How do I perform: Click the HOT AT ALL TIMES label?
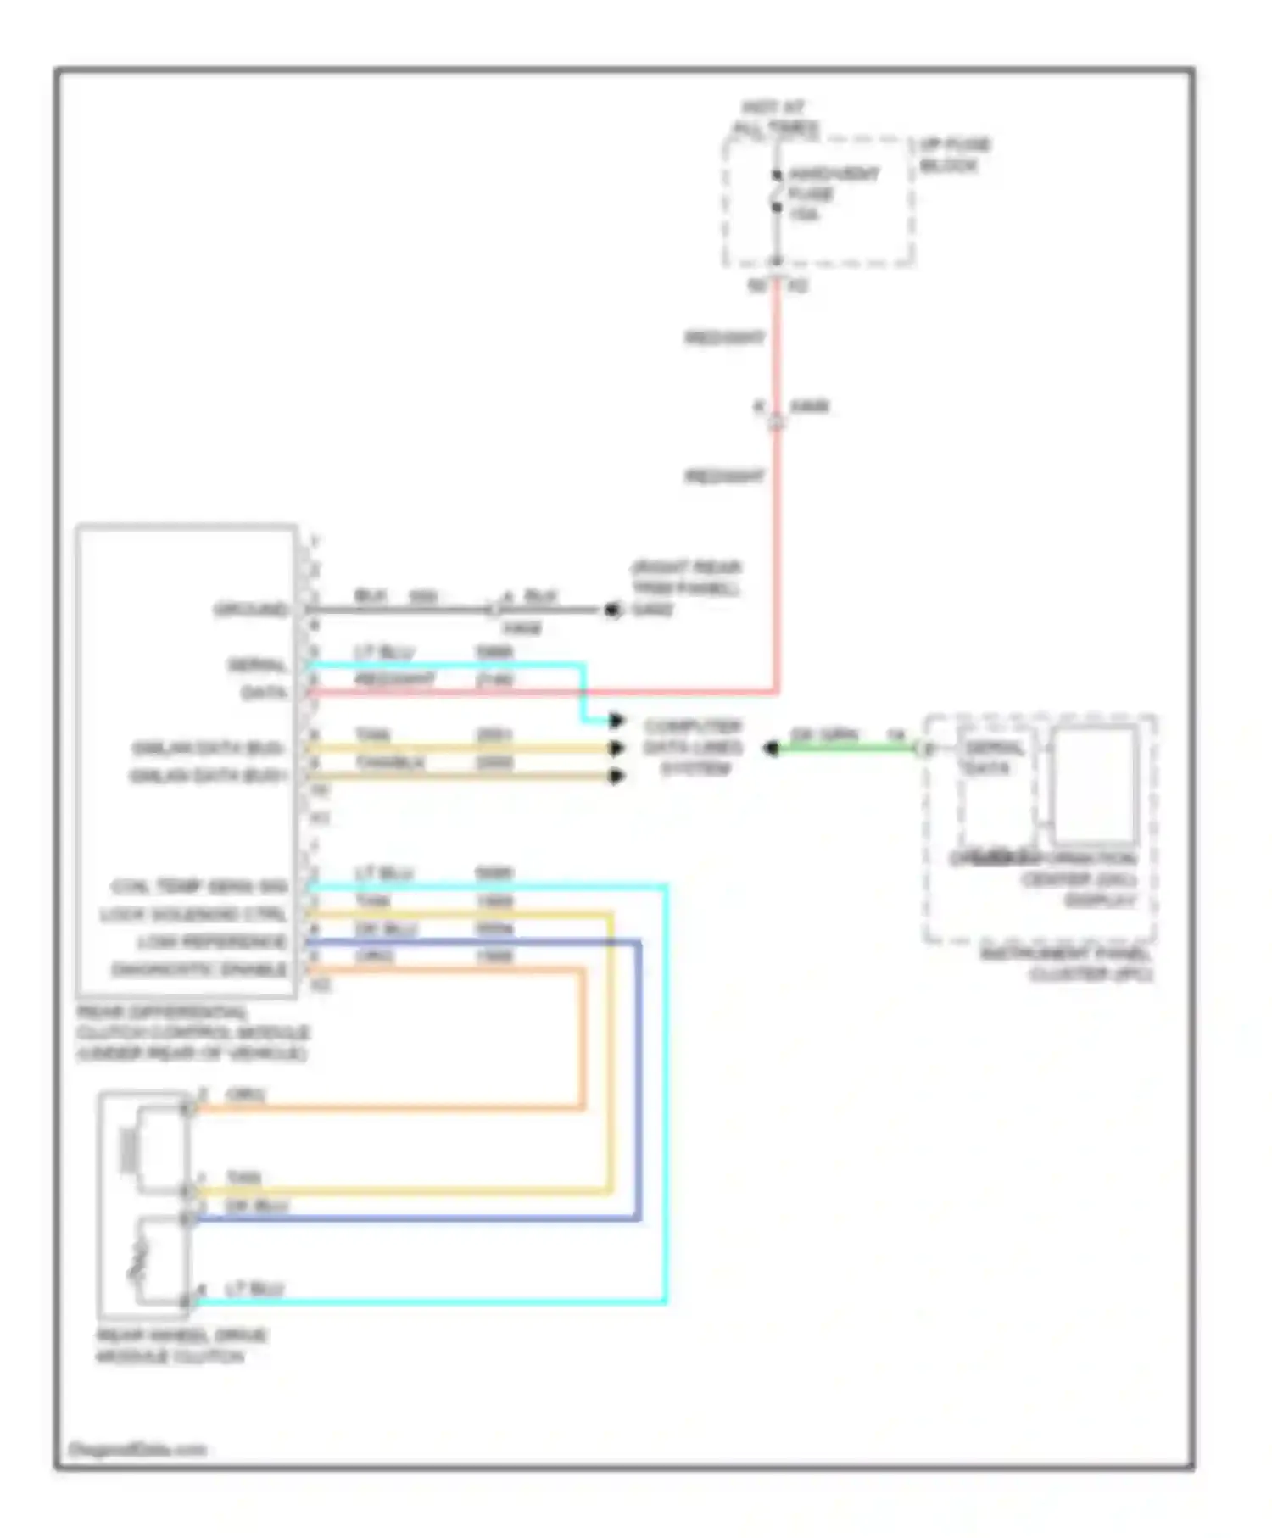point(775,118)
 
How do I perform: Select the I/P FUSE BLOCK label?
point(953,155)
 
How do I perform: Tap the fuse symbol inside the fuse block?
point(776,192)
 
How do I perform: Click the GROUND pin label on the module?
point(250,610)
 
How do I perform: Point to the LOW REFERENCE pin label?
point(211,942)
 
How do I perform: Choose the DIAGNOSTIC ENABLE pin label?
point(199,969)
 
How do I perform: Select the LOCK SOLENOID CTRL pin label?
point(193,915)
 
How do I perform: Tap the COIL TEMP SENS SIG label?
point(199,887)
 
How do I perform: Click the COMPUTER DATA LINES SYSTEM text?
point(693,747)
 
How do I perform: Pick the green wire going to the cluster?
point(848,748)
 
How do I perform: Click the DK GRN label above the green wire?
point(823,733)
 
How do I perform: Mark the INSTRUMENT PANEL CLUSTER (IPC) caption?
point(1067,964)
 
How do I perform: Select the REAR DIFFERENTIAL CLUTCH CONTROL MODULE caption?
point(192,1033)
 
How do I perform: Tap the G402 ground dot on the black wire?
point(611,610)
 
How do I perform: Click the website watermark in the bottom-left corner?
point(137,1449)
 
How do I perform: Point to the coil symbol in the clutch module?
point(131,1151)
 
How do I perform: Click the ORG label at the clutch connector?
point(245,1095)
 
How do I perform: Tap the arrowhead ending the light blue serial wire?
point(616,721)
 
